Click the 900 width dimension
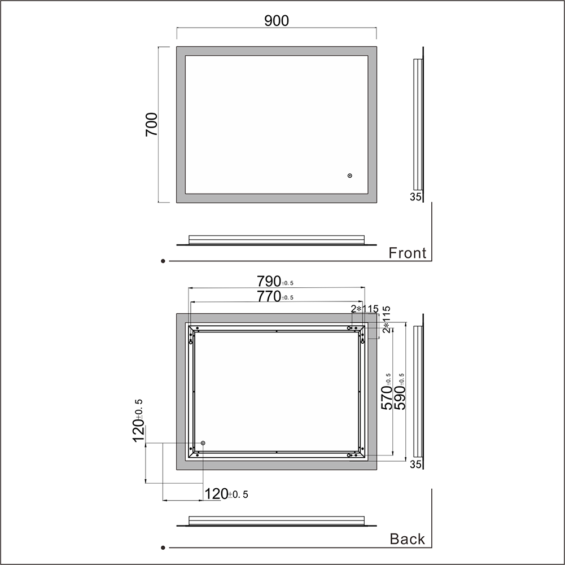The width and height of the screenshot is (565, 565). click(277, 21)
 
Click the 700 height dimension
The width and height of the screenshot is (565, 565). click(152, 124)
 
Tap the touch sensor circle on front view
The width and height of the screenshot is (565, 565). click(349, 176)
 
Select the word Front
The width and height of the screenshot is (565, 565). click(407, 253)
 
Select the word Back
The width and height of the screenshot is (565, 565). click(407, 539)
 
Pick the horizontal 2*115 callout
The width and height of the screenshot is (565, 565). click(365, 309)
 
